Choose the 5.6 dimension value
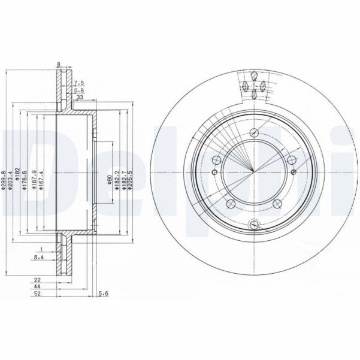[102, 293]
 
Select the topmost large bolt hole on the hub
[253, 133]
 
